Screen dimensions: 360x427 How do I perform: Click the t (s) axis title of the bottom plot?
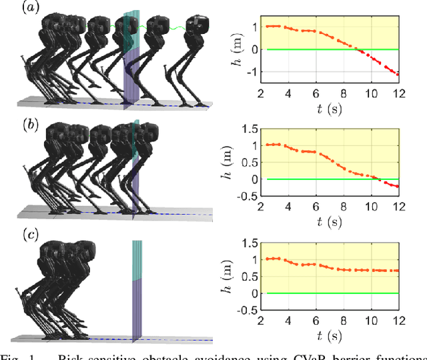click(x=329, y=333)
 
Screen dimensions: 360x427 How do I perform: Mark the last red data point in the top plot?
click(x=398, y=74)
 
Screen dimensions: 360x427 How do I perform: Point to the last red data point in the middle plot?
click(x=398, y=187)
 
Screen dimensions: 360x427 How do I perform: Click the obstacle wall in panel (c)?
click(x=137, y=293)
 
